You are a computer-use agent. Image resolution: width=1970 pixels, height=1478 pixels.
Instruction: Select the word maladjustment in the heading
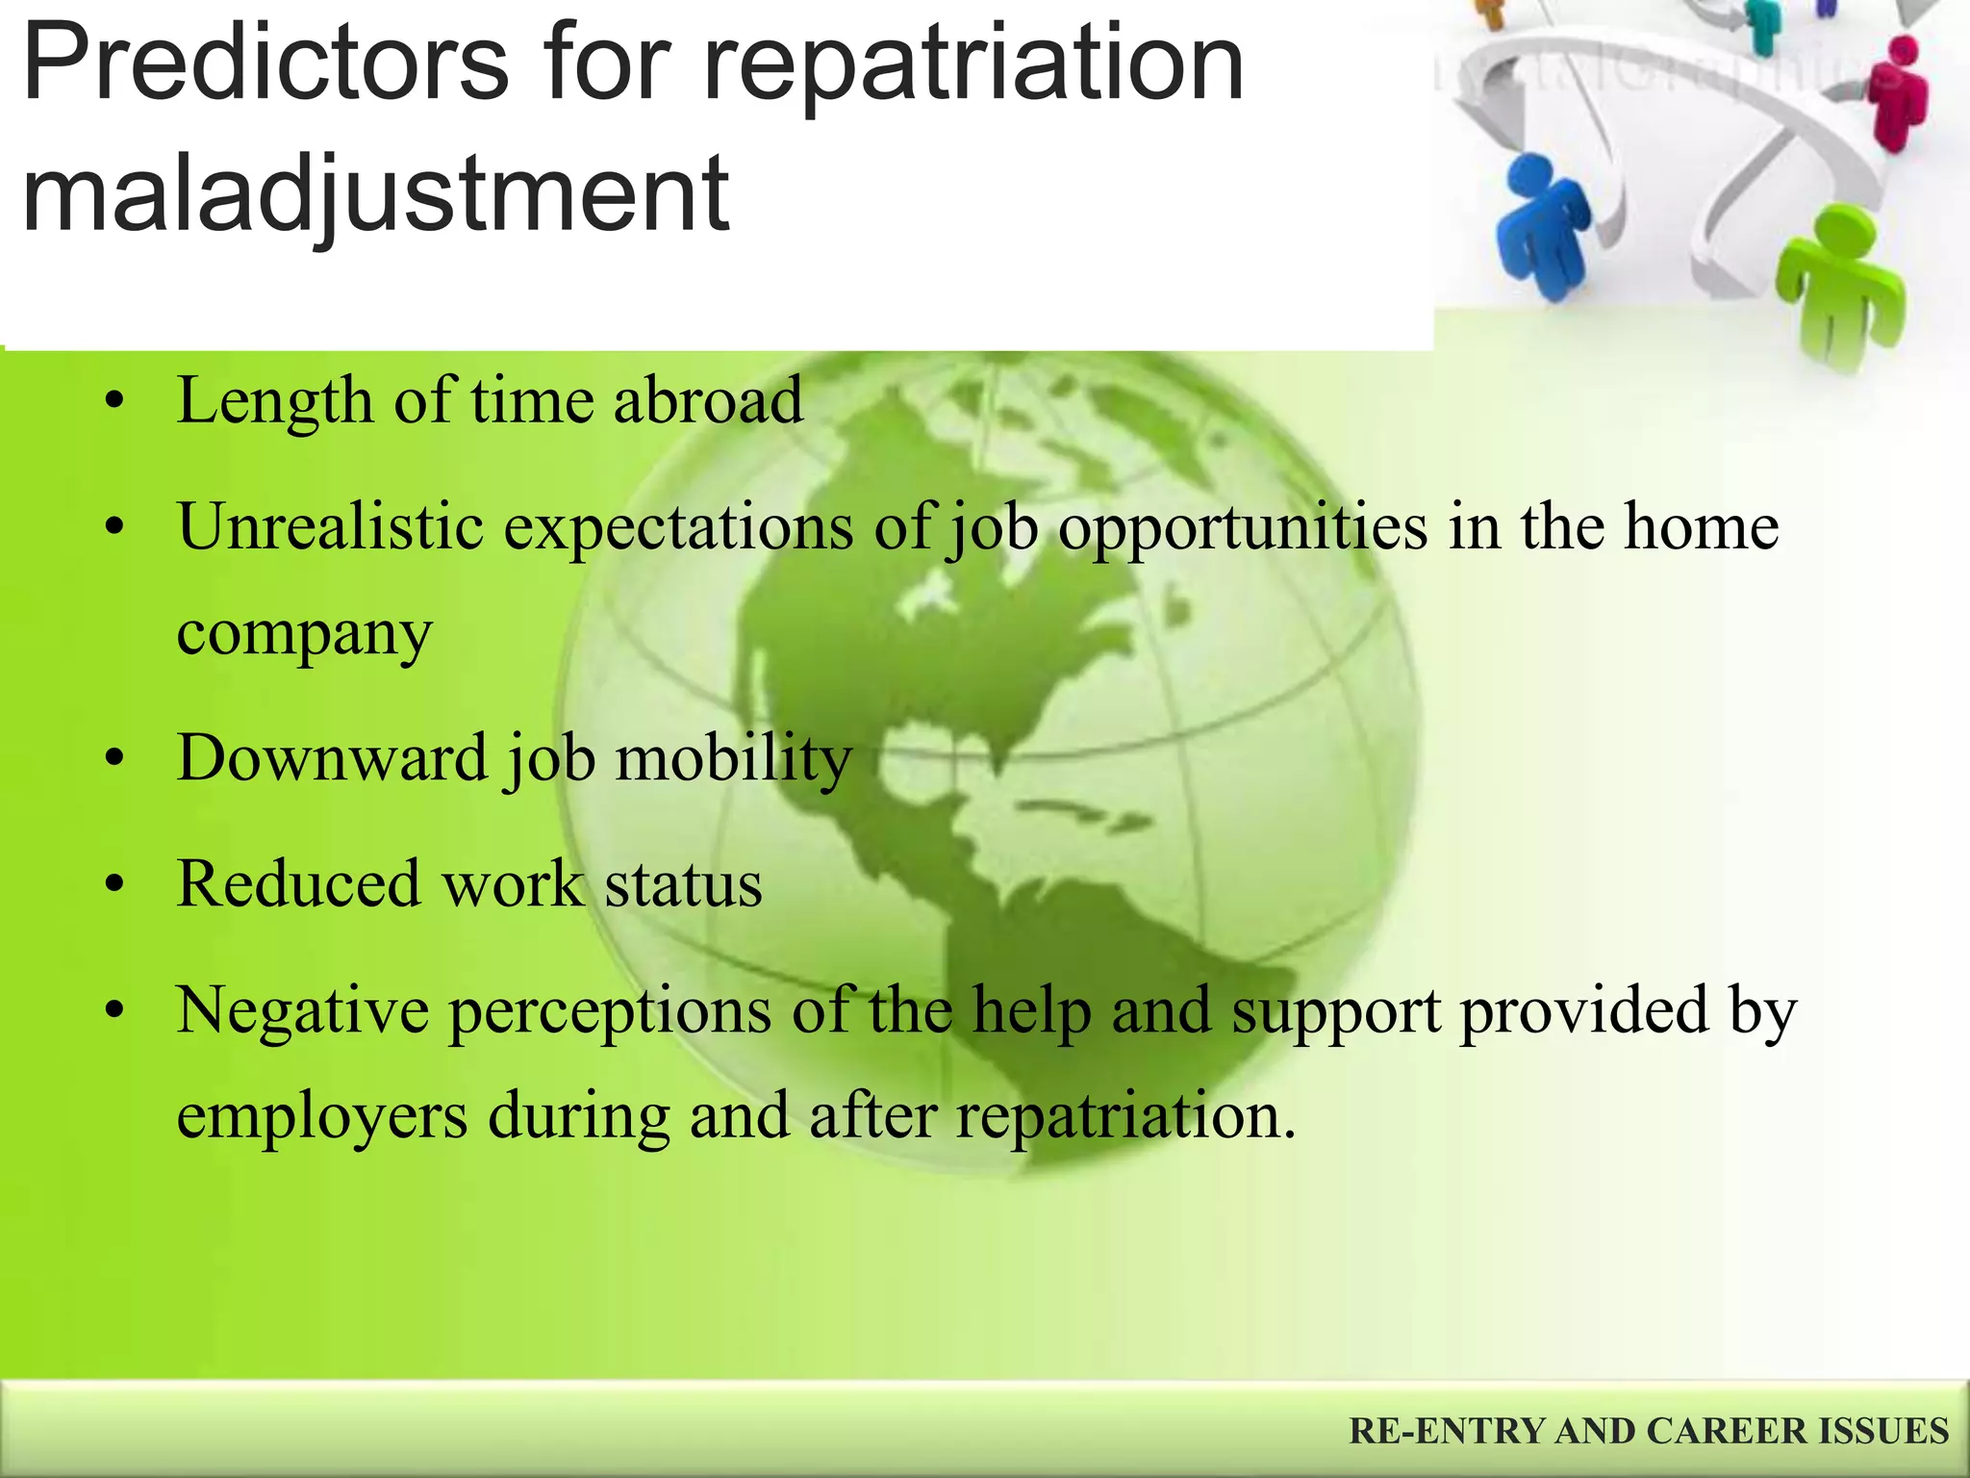pos(375,195)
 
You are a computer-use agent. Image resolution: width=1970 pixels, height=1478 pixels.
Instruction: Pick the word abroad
pos(707,400)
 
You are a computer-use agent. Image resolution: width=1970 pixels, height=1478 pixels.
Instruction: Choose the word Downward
pos(332,758)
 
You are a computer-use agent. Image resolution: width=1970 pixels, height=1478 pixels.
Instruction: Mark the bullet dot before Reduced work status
pos(115,884)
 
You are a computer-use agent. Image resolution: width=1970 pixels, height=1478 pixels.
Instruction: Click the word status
pos(683,884)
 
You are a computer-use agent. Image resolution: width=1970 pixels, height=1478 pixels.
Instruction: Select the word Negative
pos(302,1010)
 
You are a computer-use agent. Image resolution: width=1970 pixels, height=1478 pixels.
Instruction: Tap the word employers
pos(322,1116)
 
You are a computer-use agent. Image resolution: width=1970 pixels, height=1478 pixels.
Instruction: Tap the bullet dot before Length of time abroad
pos(115,401)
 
